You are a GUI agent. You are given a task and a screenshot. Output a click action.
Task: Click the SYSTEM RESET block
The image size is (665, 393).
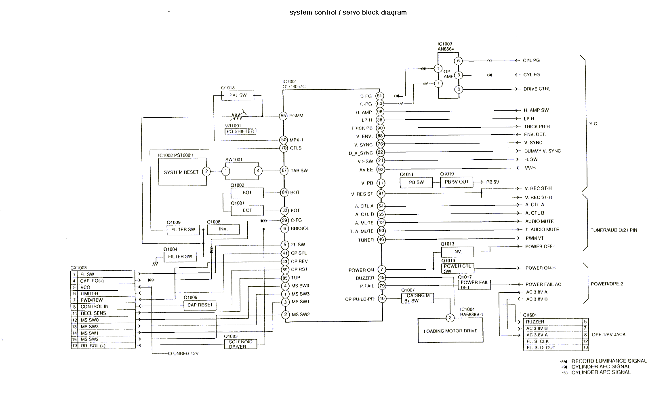click(x=182, y=172)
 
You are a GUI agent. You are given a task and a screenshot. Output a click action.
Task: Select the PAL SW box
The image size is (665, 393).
click(x=238, y=95)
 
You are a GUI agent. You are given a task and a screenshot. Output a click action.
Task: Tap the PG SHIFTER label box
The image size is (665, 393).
click(x=240, y=131)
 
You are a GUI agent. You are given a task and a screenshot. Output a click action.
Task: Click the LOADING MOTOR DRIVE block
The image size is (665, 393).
click(x=450, y=331)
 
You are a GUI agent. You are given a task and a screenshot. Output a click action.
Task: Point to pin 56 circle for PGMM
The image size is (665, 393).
click(x=284, y=116)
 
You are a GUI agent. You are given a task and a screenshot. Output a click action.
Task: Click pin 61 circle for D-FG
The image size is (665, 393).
click(x=379, y=96)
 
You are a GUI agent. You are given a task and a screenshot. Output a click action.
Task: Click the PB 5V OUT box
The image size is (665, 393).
click(x=457, y=182)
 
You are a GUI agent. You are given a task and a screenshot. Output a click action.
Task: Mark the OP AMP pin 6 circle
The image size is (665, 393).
click(x=458, y=61)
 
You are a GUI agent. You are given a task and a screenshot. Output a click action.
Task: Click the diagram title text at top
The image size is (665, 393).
click(x=348, y=12)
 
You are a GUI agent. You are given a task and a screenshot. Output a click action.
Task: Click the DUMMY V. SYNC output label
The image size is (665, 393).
click(x=542, y=151)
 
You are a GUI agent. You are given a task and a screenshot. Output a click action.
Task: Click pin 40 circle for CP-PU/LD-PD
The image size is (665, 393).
click(x=381, y=299)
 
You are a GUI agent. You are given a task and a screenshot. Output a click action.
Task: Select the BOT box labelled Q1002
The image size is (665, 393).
click(x=247, y=192)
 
